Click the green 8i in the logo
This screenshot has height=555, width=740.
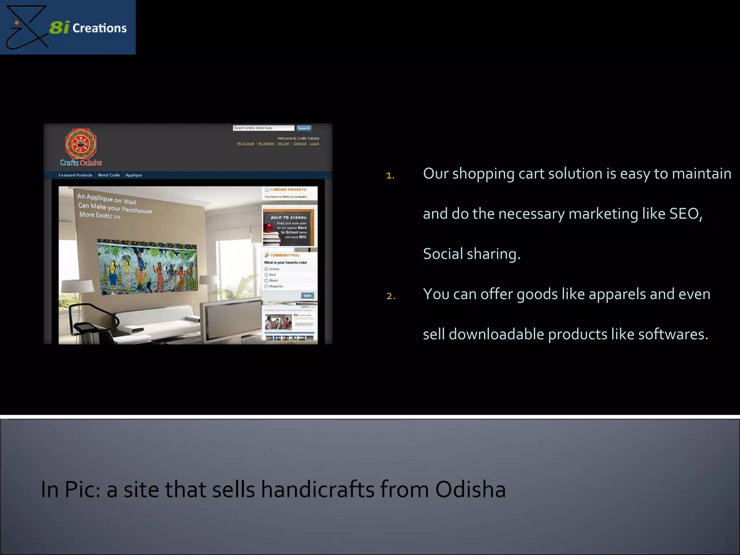point(59,27)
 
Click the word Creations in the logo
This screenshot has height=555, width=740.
point(99,28)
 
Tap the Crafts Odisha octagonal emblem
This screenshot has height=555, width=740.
point(81,144)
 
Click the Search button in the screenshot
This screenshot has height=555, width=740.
point(304,128)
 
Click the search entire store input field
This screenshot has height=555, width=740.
point(263,128)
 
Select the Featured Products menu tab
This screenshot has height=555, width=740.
point(75,175)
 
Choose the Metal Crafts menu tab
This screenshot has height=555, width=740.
point(109,175)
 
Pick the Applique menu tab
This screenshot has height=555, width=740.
point(134,175)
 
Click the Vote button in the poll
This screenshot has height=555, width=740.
point(307,296)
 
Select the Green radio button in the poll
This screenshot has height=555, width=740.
point(266,269)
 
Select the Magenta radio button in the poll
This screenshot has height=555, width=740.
point(266,287)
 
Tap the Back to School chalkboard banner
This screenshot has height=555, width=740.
point(289,227)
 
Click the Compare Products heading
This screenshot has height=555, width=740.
point(288,190)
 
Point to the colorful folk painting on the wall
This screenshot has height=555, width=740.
point(148,266)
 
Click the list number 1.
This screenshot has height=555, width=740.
point(390,176)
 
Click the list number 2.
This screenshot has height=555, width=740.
point(391,296)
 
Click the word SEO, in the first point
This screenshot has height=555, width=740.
point(685,214)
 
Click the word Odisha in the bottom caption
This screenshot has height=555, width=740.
point(470,490)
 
